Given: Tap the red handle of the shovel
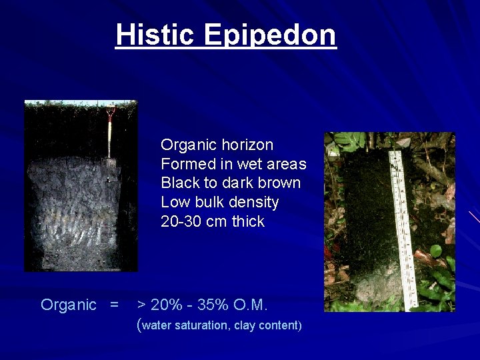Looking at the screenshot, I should (111, 111).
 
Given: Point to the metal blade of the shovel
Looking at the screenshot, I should (111, 165).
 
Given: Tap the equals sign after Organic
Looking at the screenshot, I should (114, 305).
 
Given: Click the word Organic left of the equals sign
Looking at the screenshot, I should (69, 305).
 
